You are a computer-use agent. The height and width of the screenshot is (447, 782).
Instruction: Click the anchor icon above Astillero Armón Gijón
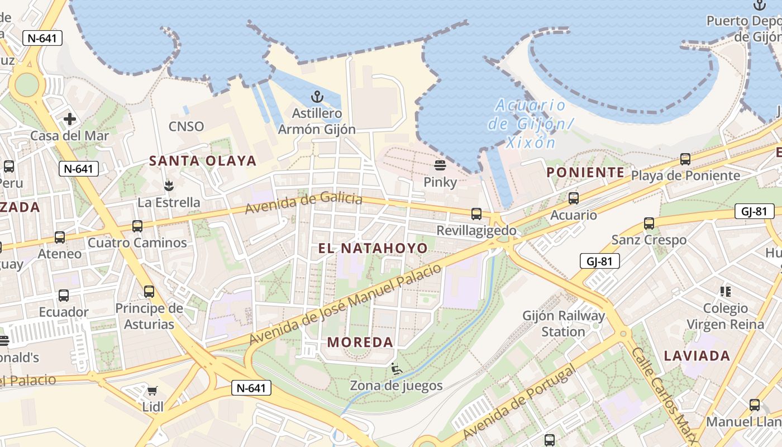pyautogui.click(x=317, y=97)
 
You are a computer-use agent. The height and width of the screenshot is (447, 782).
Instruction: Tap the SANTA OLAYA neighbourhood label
pyautogui.click(x=203, y=161)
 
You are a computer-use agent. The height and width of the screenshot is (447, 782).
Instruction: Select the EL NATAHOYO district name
pyautogui.click(x=373, y=248)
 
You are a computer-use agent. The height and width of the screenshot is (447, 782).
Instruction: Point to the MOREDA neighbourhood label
pyautogui.click(x=360, y=342)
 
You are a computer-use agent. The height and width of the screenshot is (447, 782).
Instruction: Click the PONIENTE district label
pyautogui.click(x=585, y=172)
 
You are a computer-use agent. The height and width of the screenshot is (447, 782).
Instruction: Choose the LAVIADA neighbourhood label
pyautogui.click(x=697, y=356)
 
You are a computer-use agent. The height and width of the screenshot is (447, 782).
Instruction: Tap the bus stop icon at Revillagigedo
pyautogui.click(x=476, y=213)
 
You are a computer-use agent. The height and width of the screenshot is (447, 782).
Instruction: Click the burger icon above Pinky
pyautogui.click(x=440, y=165)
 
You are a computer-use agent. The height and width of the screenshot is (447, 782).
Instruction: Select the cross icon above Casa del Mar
pyautogui.click(x=70, y=119)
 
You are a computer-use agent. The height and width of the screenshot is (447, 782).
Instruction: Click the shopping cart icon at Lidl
pyautogui.click(x=152, y=390)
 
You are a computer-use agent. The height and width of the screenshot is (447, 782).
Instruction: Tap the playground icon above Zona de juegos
pyautogui.click(x=396, y=368)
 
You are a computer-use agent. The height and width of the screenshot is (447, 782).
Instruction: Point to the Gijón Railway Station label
pyautogui.click(x=564, y=324)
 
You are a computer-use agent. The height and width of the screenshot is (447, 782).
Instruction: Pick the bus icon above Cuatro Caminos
pyautogui.click(x=137, y=226)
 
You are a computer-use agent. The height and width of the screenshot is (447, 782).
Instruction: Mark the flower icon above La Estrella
pyautogui.click(x=168, y=185)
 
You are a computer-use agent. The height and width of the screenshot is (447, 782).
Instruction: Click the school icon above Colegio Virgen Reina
pyautogui.click(x=726, y=291)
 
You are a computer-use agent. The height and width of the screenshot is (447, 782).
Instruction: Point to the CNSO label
pyautogui.click(x=186, y=126)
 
